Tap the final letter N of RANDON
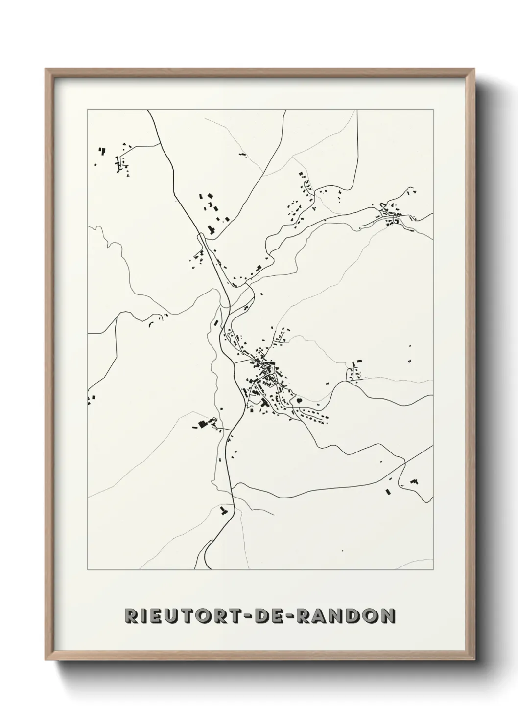click(x=387, y=615)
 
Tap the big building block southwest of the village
click(x=202, y=424)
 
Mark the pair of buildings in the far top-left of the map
click(x=102, y=151)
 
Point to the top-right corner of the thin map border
click(x=433, y=110)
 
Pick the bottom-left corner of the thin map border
click(x=88, y=570)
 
